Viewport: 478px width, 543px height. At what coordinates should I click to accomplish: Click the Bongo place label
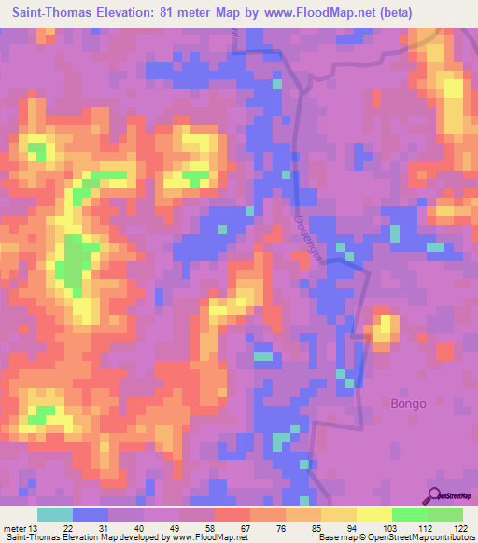[407, 404]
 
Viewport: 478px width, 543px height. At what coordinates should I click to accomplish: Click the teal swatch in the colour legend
[55, 514]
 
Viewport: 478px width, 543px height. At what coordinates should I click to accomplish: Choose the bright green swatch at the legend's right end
[444, 514]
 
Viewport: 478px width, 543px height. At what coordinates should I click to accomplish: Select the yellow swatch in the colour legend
[373, 514]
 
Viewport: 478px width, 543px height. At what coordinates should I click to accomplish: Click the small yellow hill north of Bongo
[384, 327]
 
